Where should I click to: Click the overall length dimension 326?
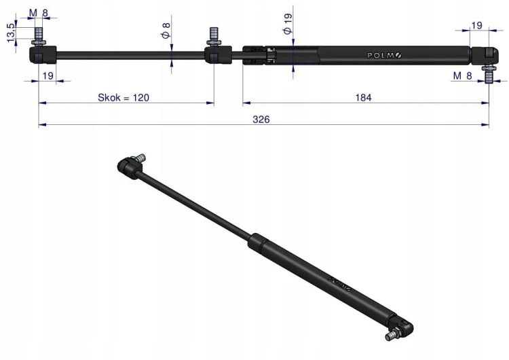pos(261,120)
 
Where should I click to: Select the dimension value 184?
pos(363,98)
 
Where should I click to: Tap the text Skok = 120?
pos(124,98)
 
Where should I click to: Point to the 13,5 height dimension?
pos(11,33)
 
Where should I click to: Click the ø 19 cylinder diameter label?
pos(288,24)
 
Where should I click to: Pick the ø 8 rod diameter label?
pos(166,30)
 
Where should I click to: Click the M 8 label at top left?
pos(38,13)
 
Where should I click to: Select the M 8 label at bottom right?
pos(462,75)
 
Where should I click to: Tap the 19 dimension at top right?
pos(476,25)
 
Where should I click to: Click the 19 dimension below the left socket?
pos(48,75)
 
